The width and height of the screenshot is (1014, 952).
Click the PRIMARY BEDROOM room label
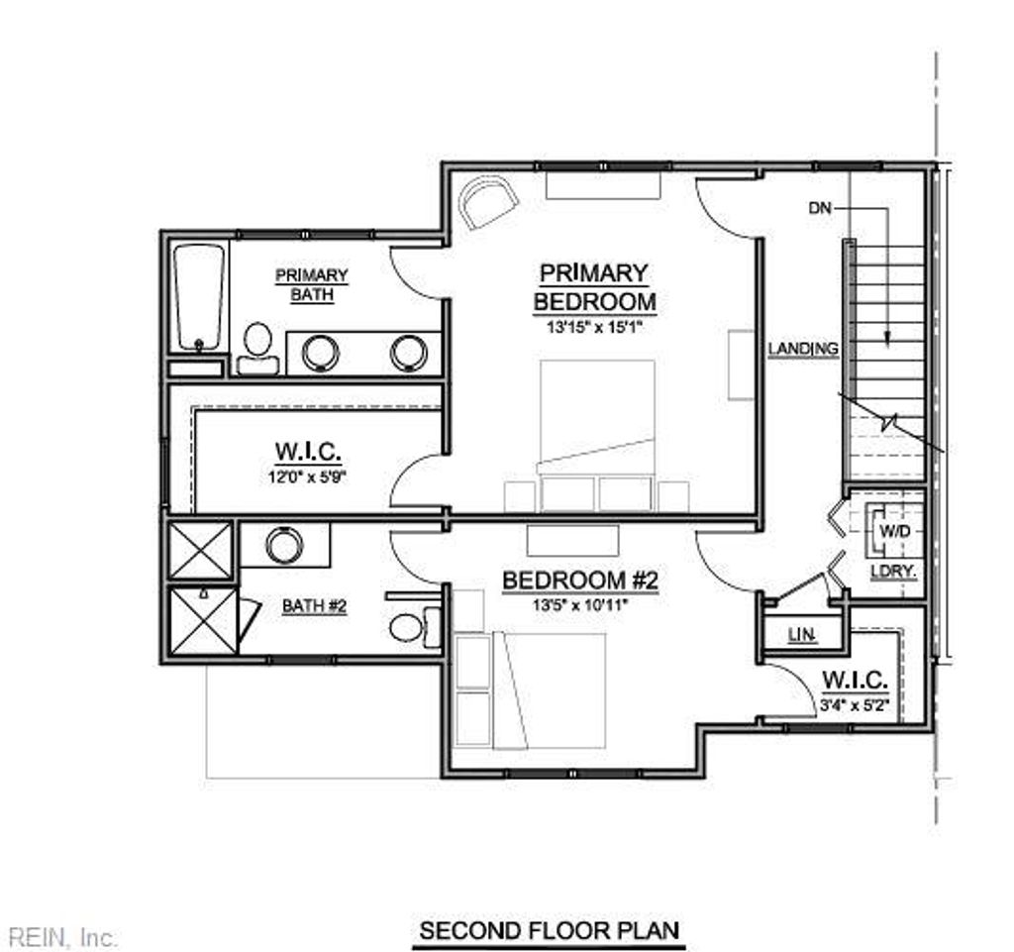594,286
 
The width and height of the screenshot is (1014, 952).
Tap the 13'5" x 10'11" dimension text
579,603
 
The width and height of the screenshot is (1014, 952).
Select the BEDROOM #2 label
579,581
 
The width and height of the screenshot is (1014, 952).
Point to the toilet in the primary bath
257,347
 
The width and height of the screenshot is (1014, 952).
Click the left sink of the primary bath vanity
320,352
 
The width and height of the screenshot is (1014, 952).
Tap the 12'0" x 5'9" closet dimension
308,476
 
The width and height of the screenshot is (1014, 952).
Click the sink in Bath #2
284,545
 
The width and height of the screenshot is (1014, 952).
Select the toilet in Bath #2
406,627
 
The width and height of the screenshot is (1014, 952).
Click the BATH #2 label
314,605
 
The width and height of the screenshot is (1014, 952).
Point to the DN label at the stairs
820,208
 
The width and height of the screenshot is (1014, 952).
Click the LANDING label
803,349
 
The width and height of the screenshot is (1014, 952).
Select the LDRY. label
892,573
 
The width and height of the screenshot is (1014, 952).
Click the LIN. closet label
801,635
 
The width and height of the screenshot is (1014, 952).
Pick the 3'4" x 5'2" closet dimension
855,706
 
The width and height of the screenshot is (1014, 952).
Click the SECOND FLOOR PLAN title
550,931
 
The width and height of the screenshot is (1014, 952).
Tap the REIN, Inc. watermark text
62,936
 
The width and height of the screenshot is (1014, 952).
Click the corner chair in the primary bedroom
487,203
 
